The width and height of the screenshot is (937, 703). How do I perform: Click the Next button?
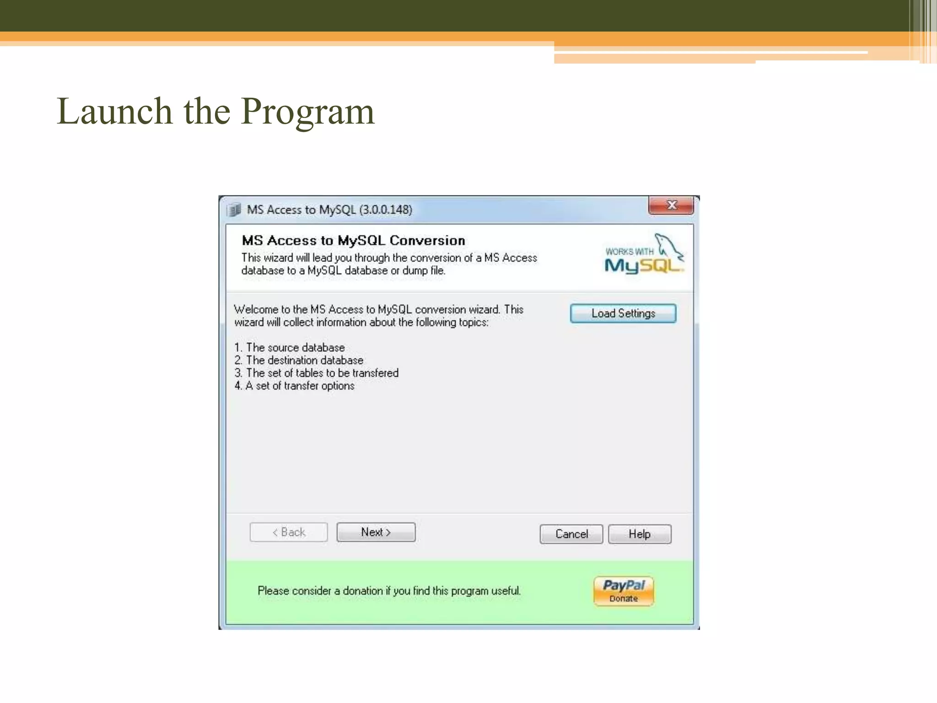tap(376, 532)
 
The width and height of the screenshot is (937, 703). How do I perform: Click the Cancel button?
tap(571, 534)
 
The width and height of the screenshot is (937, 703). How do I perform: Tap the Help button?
tap(639, 534)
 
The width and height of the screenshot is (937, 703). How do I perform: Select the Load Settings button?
tap(623, 314)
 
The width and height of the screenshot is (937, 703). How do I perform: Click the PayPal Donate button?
tap(624, 591)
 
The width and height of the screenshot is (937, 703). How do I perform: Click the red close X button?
tap(671, 205)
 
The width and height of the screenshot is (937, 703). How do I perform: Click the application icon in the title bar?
tap(234, 210)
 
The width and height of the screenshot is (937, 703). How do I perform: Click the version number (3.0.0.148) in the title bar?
tap(385, 210)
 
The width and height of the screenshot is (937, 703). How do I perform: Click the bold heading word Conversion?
tap(427, 240)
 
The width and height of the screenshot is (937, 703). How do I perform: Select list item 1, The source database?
tap(290, 347)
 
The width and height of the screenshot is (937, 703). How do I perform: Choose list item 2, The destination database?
tap(299, 360)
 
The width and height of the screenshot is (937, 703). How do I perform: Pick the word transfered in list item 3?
tap(375, 373)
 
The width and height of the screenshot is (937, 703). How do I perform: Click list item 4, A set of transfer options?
tap(294, 386)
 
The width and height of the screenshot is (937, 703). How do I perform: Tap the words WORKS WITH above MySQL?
tap(629, 252)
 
